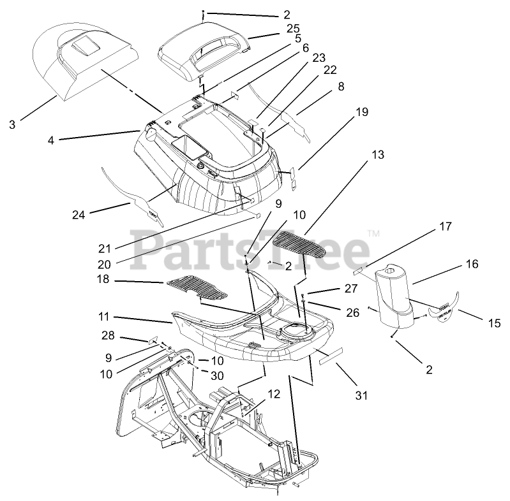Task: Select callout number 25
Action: (293, 29)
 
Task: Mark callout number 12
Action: (273, 394)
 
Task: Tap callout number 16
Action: (471, 264)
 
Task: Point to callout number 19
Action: (361, 112)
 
